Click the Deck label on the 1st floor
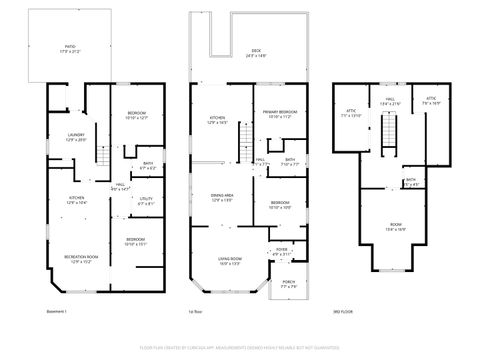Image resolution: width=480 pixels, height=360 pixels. click(x=258, y=56)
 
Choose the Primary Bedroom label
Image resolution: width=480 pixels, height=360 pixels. click(x=281, y=113)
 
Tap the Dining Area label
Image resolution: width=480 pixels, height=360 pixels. click(x=222, y=198)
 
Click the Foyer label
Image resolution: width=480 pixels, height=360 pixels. click(x=280, y=251)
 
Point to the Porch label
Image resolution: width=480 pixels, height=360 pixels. click(x=288, y=285)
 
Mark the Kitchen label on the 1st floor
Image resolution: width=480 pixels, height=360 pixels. click(x=218, y=120)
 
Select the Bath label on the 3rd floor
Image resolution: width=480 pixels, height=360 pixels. click(x=411, y=182)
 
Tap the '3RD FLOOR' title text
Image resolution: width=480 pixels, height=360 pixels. click(x=343, y=312)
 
